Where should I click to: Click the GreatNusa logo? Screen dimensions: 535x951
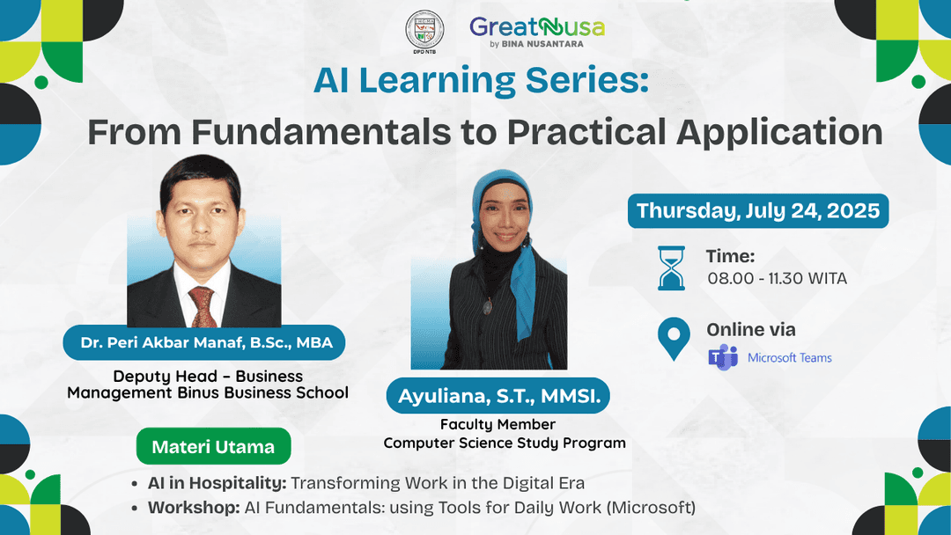[x=536, y=32]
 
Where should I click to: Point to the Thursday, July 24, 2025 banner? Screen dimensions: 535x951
[x=757, y=211]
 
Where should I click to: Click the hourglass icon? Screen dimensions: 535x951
[x=673, y=267]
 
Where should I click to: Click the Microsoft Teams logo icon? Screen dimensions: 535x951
[x=723, y=357]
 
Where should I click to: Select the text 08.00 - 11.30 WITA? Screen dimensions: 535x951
[x=777, y=279]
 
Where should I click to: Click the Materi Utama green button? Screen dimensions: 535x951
[x=213, y=447]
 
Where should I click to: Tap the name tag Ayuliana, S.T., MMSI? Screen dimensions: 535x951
[x=498, y=397]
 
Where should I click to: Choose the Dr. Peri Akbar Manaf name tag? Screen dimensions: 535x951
[x=203, y=342]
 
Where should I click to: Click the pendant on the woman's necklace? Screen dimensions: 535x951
[x=488, y=306]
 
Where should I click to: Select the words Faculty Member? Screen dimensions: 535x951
[x=498, y=425]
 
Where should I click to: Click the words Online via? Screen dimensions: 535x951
[x=751, y=330]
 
